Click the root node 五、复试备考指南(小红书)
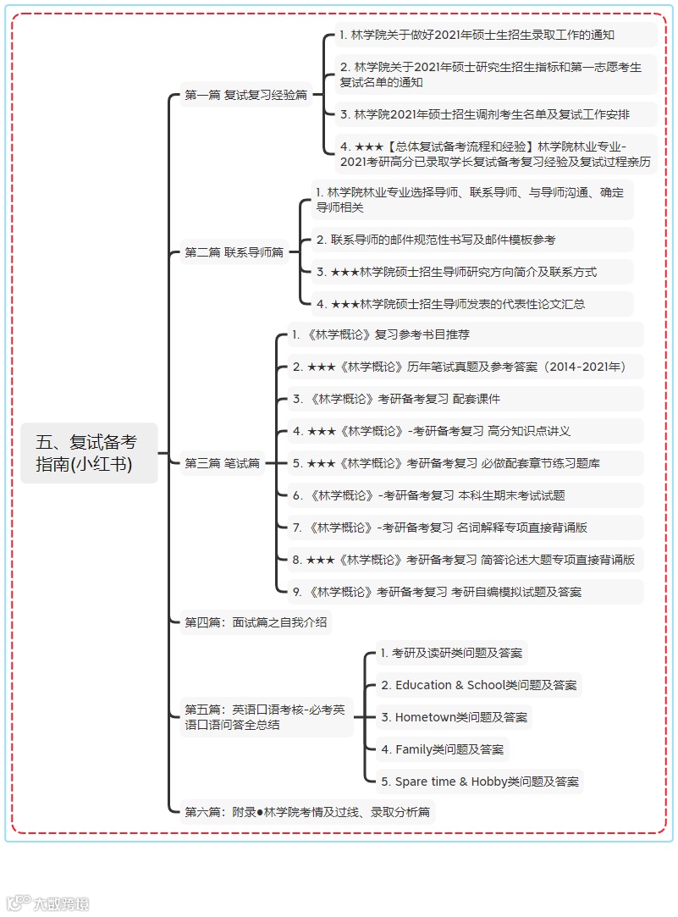tap(88, 453)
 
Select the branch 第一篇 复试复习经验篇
tap(245, 96)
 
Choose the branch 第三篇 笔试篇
tap(222, 463)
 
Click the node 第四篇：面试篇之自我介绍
tap(256, 623)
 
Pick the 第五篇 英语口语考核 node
tap(266, 716)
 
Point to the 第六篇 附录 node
tap(306, 812)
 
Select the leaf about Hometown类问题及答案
tap(454, 717)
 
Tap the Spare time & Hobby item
tap(480, 782)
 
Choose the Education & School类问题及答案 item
tap(479, 685)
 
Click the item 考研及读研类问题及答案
tap(452, 653)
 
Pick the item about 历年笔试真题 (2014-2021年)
tap(460, 367)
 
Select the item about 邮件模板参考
tap(436, 240)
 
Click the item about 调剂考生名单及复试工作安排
tap(485, 114)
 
